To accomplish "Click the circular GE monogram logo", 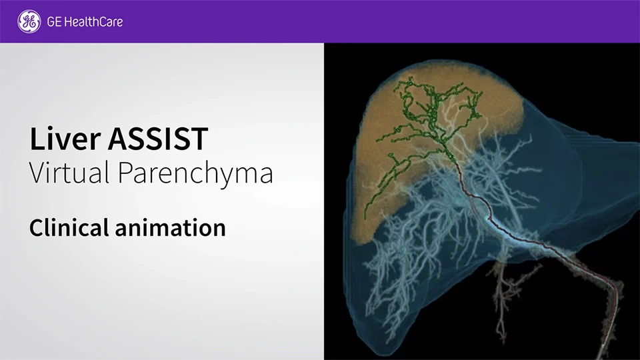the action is pos(29,21).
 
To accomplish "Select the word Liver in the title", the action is pos(65,139).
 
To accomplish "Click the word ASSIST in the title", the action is pos(158,139).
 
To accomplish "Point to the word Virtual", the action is pos(69,172).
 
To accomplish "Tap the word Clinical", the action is pos(69,227).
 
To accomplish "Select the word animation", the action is pos(171,228).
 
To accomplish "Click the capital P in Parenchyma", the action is pos(125,172).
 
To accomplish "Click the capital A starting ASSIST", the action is pos(119,139).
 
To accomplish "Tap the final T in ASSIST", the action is pos(199,139).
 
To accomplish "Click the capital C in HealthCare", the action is pos(101,21).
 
